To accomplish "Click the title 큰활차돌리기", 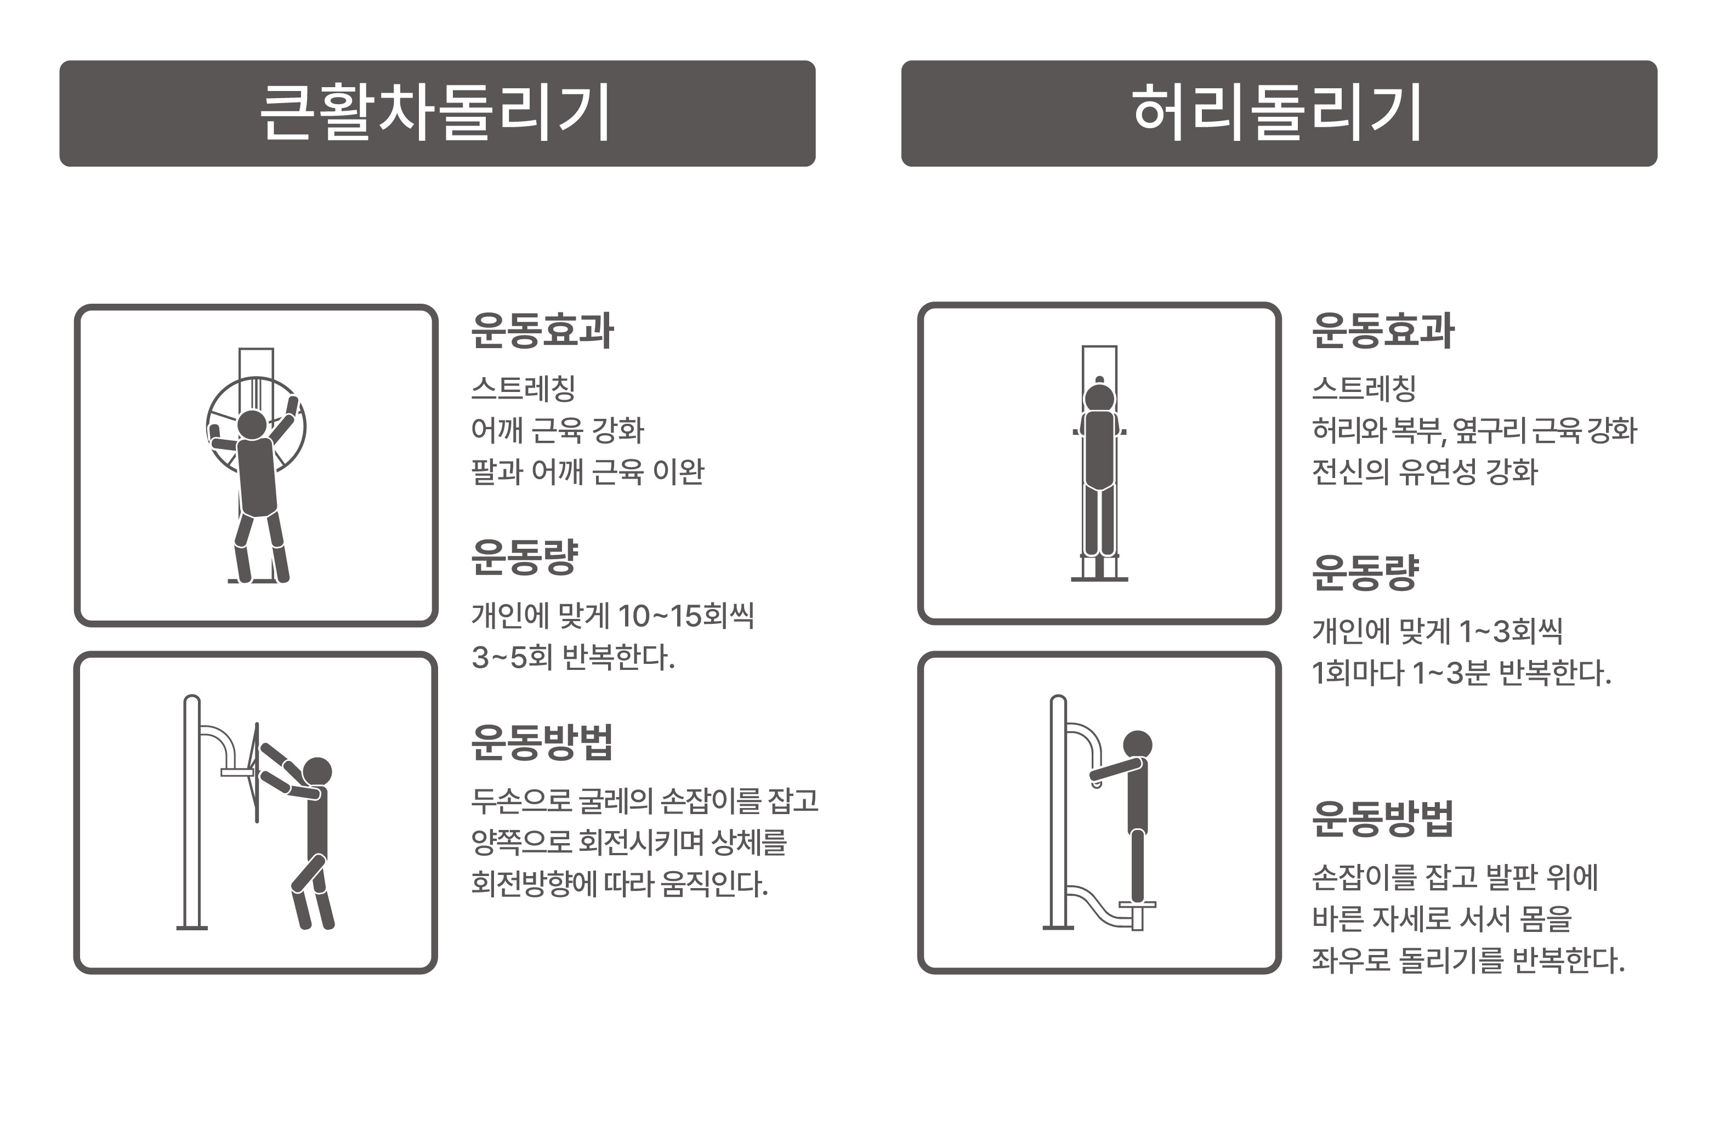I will (435, 112).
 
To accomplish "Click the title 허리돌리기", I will (1278, 112).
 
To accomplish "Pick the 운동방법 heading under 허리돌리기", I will (1382, 818).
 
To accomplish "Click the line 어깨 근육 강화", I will (558, 430).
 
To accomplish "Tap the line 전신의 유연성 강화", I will (1424, 471).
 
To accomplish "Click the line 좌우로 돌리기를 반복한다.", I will (1468, 960).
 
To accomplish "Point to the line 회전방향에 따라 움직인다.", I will (620, 884).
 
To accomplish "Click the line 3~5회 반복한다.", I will (573, 657).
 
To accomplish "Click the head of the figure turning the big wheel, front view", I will (252, 424).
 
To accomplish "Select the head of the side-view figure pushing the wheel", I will (317, 771).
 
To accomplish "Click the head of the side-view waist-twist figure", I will (1137, 745).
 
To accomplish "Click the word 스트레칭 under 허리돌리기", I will (1363, 389).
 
